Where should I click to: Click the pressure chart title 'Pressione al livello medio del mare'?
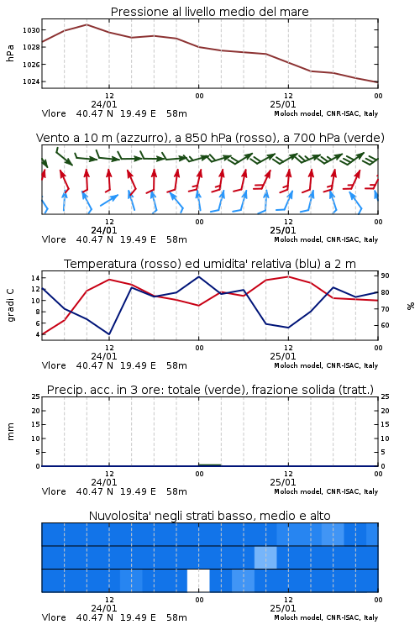[x=210, y=12]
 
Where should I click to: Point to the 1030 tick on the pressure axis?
[x=31, y=30]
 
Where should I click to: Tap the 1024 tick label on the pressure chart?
[x=31, y=81]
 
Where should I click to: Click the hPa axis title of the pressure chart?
[x=10, y=53]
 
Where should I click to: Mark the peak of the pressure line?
[x=87, y=24]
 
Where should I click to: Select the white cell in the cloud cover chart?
[x=198, y=580]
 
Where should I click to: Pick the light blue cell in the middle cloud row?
[x=265, y=557]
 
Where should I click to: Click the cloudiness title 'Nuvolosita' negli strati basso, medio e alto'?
[x=209, y=516]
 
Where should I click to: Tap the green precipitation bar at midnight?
[x=209, y=465]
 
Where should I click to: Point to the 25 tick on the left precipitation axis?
[x=36, y=396]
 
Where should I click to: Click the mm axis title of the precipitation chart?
[x=10, y=432]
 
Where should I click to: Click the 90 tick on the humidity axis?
[x=385, y=276]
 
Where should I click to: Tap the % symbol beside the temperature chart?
[x=411, y=306]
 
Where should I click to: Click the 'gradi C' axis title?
[x=10, y=305]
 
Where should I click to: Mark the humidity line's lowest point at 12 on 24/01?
[x=109, y=334]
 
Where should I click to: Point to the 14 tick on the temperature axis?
[x=35, y=278]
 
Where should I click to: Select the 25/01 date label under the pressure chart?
[x=282, y=104]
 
